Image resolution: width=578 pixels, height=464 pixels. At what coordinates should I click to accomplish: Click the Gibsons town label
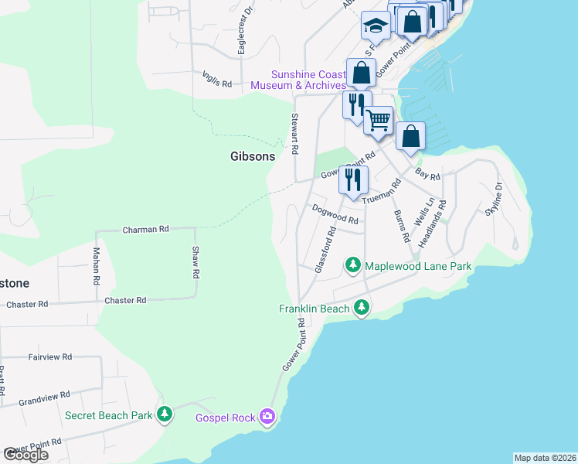point(252,156)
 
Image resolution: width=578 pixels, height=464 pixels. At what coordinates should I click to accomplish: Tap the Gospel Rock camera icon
point(267,418)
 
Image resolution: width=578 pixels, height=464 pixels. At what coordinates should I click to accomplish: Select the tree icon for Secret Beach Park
point(164,415)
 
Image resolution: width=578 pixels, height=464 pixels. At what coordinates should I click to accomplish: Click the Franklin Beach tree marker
point(361,309)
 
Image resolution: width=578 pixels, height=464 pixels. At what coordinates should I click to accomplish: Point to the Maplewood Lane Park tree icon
point(353,266)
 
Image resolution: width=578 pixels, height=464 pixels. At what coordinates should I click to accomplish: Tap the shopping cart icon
point(378,121)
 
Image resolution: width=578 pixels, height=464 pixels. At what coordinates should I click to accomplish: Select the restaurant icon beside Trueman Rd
point(352,179)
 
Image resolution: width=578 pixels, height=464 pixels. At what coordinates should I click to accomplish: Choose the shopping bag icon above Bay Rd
point(410,136)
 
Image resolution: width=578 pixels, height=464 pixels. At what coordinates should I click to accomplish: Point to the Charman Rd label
point(146,230)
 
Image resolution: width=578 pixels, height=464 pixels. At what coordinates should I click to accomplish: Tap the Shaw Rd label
point(196,262)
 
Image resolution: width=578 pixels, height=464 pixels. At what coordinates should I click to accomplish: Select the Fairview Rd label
point(49,357)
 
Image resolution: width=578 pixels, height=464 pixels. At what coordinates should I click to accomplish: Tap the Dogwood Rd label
point(336,214)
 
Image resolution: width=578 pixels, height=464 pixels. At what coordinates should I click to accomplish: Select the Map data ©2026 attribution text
point(545,458)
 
